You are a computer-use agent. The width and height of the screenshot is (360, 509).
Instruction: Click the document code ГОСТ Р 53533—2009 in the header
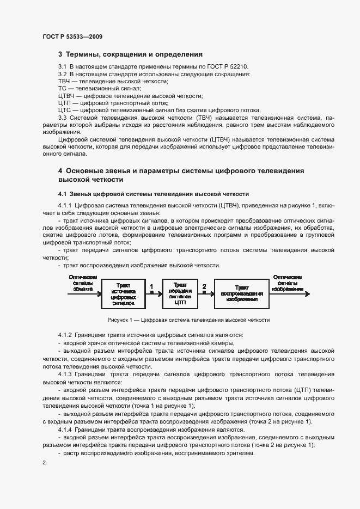72,36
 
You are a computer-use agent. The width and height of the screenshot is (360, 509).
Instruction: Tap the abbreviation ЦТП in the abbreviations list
65,102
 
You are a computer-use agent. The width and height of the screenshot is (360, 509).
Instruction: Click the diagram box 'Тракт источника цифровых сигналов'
123,295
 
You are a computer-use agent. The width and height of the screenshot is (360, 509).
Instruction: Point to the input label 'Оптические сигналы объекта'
83,283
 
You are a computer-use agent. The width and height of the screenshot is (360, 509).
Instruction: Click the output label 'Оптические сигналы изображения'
287,283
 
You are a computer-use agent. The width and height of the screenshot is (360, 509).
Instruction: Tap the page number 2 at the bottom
44,463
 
